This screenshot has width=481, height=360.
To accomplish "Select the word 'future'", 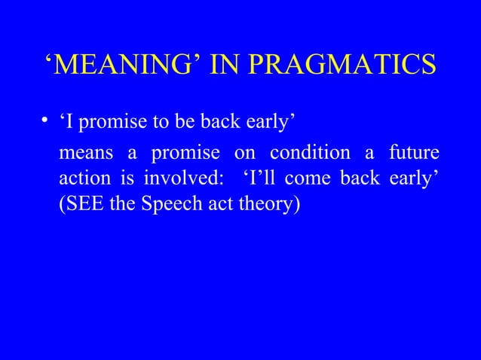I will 414,154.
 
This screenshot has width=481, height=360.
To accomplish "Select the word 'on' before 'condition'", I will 245,154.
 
